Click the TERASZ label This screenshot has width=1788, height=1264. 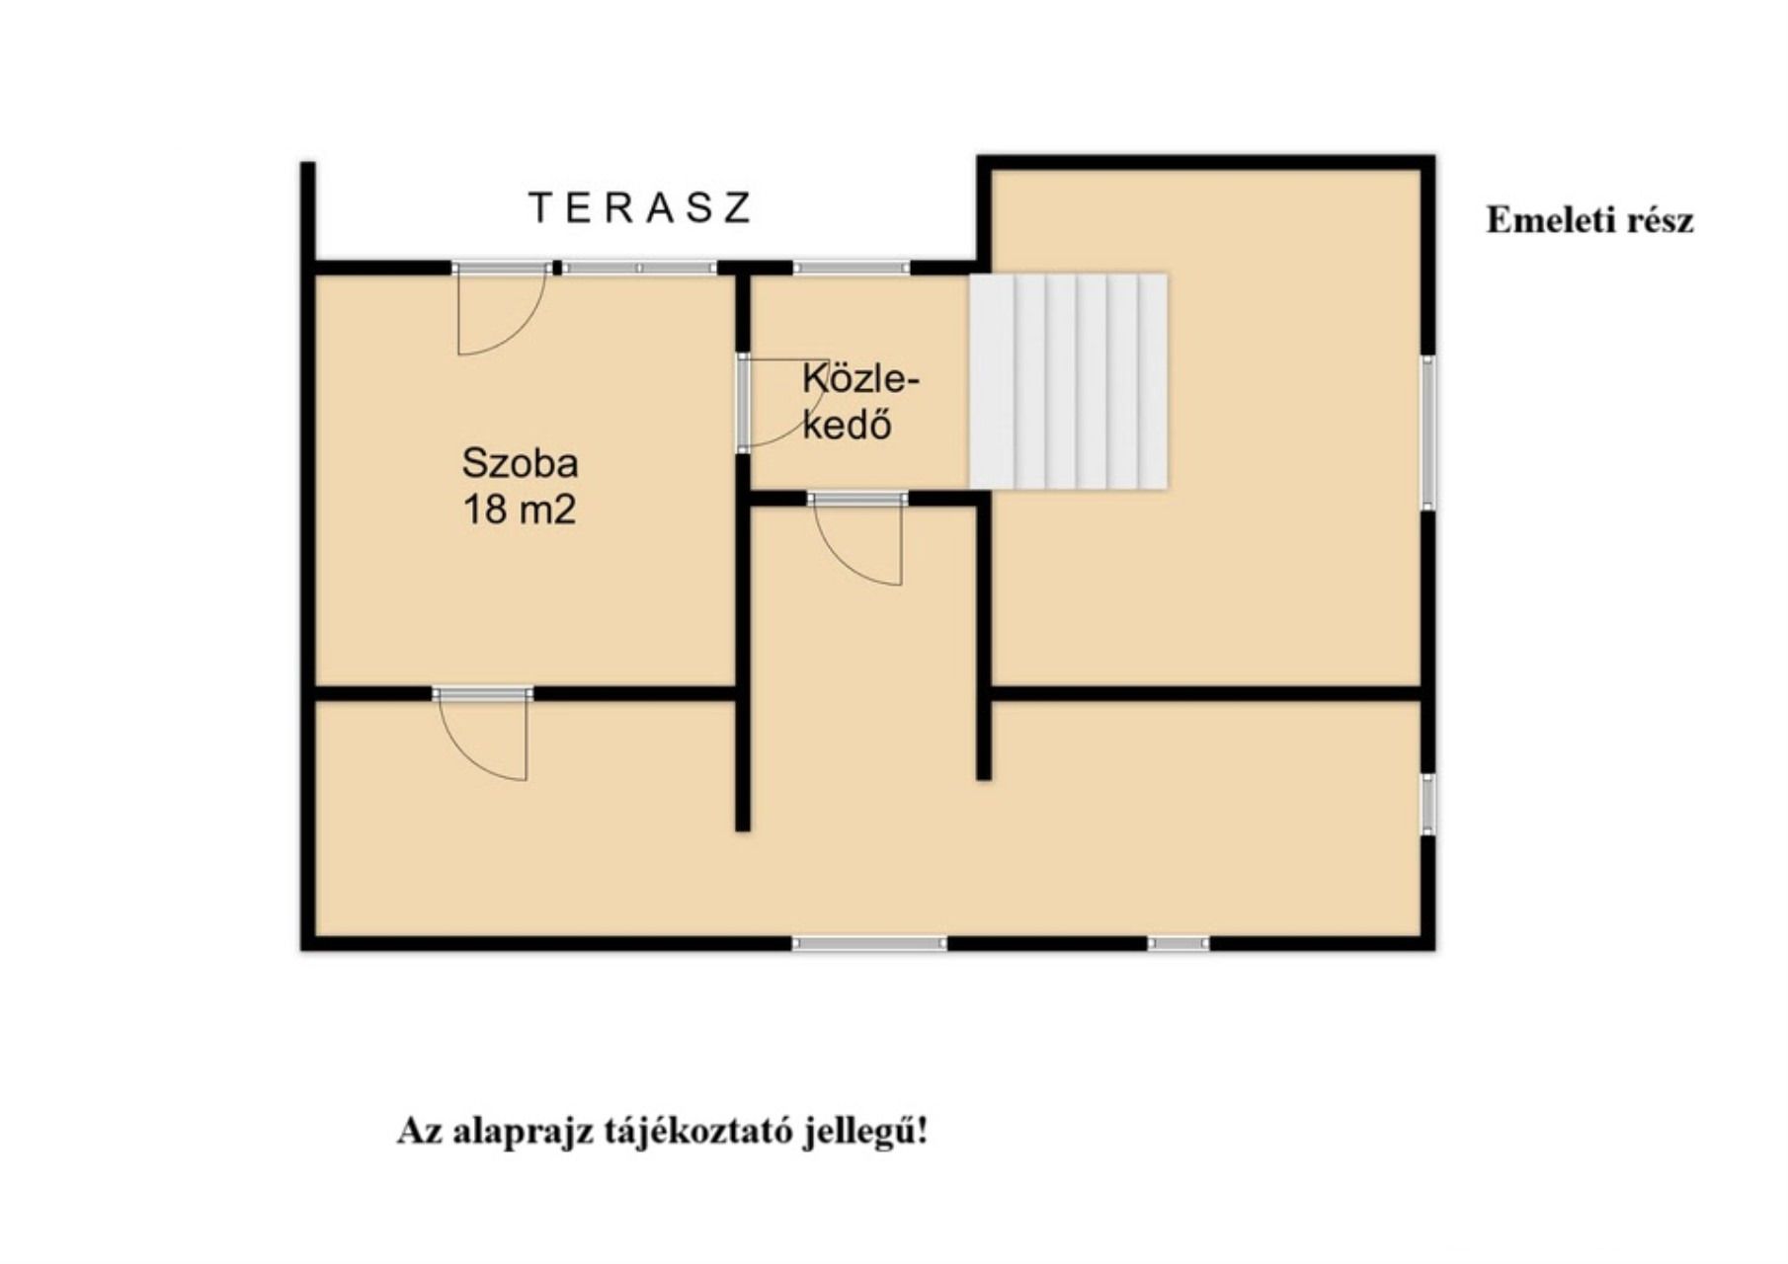tap(640, 208)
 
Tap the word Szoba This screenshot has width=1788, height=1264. tap(520, 463)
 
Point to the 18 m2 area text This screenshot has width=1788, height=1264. tap(520, 511)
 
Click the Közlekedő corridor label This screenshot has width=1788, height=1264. tap(859, 401)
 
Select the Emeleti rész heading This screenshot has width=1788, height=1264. tap(1589, 220)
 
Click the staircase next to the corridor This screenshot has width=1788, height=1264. tap(1068, 381)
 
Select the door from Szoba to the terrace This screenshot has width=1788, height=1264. tap(501, 308)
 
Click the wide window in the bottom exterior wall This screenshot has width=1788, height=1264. tap(869, 944)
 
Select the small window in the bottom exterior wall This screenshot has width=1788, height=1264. tap(1178, 944)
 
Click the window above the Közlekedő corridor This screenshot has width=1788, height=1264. tap(851, 267)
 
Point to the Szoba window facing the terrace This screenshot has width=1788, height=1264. tap(640, 268)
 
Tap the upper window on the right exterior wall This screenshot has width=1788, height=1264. tap(1428, 432)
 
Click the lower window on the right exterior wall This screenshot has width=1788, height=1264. tap(1428, 805)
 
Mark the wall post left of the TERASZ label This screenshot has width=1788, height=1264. tap(308, 211)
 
